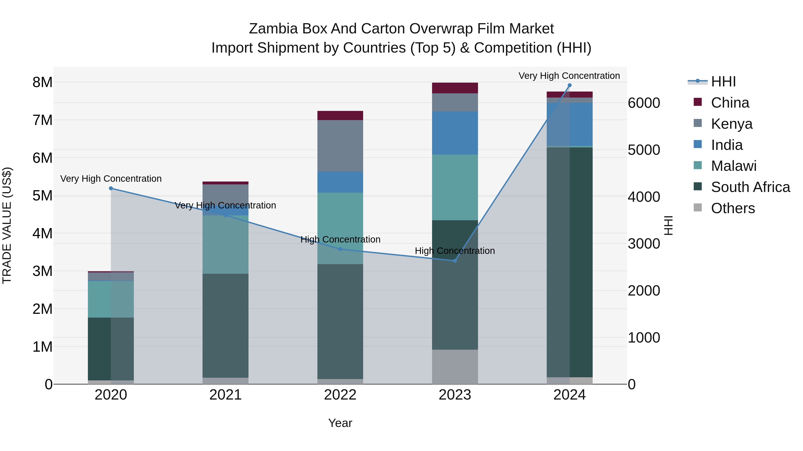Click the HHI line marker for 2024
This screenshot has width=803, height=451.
coord(569,85)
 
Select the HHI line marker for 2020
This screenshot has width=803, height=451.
coord(111,188)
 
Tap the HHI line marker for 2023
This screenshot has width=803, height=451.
coord(455,261)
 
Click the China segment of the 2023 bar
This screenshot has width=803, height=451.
coord(455,88)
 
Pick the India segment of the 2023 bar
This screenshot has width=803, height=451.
coord(455,133)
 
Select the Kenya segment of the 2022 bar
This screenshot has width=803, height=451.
coord(340,146)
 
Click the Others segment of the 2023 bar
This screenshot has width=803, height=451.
coord(455,367)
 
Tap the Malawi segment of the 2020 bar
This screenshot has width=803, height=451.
coord(111,299)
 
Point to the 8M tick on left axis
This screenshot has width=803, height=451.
coord(42,82)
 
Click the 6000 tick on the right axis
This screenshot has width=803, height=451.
coord(644,103)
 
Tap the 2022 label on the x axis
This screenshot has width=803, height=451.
coord(340,395)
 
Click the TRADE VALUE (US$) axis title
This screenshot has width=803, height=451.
coord(7,225)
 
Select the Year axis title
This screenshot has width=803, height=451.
coord(340,423)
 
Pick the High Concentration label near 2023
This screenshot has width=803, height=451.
coord(455,251)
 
